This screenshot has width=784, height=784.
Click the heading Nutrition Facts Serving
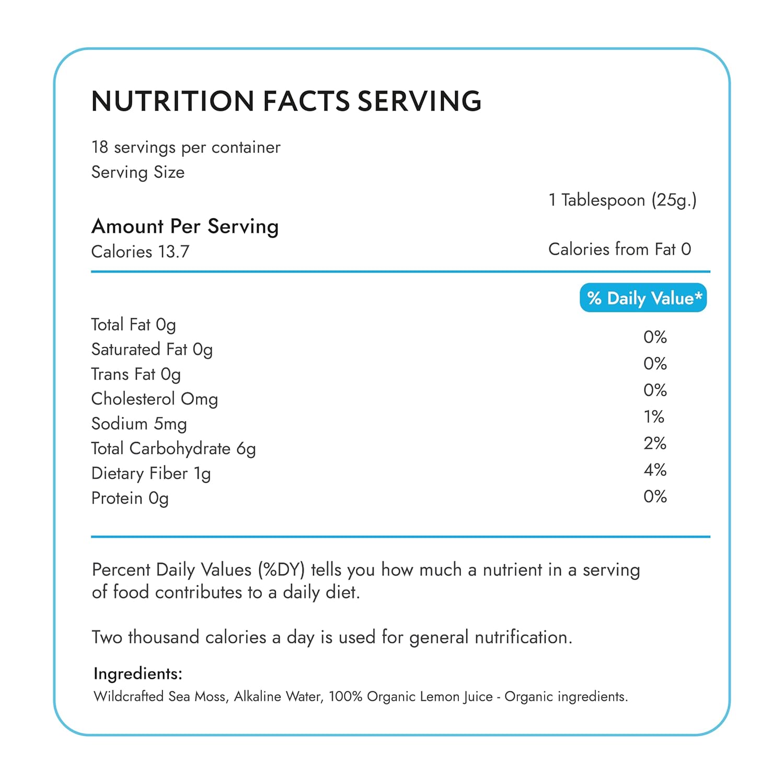click(x=286, y=101)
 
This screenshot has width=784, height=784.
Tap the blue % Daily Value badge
click(x=643, y=298)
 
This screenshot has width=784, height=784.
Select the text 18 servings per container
click(x=186, y=147)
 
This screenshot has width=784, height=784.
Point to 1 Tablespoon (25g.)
click(x=622, y=200)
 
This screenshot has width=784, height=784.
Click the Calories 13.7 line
click(x=140, y=252)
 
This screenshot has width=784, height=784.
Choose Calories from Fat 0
click(x=619, y=249)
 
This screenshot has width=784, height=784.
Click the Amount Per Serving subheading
click(x=185, y=226)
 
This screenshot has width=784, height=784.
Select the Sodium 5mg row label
click(x=139, y=424)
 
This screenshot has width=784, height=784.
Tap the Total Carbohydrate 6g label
click(x=174, y=449)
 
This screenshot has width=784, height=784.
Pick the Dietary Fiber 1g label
click(x=151, y=473)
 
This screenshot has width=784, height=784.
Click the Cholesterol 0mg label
click(x=154, y=399)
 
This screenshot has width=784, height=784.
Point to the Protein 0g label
click(x=130, y=498)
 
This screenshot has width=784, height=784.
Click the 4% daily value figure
click(x=655, y=470)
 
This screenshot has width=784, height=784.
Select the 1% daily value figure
click(x=654, y=417)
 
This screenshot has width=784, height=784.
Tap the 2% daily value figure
click(x=655, y=443)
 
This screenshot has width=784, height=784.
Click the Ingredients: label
click(x=138, y=674)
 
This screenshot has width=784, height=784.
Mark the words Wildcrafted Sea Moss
click(x=161, y=697)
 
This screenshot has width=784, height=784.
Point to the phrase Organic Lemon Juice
click(x=430, y=697)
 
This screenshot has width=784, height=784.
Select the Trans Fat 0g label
click(x=136, y=374)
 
